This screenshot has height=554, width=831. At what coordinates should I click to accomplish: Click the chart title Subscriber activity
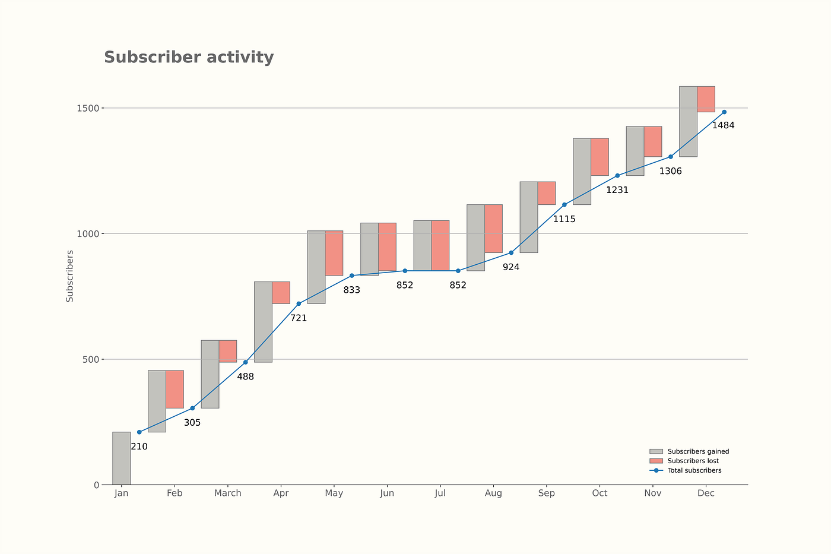189,58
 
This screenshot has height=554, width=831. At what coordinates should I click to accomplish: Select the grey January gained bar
121,458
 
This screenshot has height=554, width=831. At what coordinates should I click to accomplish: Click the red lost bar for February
175,389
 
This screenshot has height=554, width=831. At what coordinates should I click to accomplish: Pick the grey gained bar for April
263,322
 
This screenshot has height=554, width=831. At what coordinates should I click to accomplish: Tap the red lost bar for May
334,253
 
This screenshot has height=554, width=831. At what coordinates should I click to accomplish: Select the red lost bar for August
493,229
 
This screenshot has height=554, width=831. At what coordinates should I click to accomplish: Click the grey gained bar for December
688,121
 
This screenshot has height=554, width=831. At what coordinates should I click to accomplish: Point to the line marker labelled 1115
564,205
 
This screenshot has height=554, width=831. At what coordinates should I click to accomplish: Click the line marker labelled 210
139,432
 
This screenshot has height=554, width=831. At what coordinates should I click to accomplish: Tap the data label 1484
723,125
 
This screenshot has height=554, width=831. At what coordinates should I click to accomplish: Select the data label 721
298,318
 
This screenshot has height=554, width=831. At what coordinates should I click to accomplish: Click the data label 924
510,267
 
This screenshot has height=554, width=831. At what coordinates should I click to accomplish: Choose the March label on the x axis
227,493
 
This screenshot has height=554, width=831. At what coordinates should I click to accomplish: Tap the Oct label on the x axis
600,493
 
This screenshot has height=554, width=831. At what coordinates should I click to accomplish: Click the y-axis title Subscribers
70,276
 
